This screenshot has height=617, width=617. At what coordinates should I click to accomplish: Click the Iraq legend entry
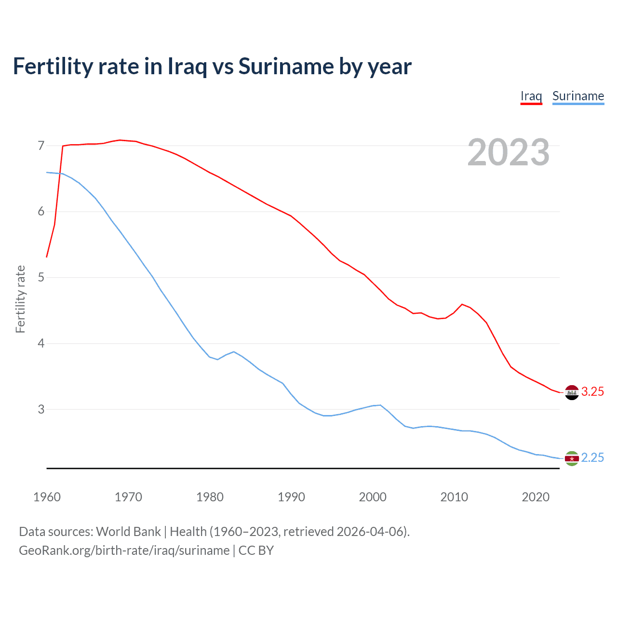531,96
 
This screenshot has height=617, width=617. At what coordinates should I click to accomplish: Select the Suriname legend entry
578,96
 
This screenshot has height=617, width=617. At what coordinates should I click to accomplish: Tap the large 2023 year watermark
509,152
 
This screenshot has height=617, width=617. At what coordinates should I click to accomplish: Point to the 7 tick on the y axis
41,146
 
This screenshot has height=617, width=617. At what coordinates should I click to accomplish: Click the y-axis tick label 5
41,278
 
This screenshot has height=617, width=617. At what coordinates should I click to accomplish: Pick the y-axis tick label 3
41,409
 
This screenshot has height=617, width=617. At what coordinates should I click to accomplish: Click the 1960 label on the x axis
47,497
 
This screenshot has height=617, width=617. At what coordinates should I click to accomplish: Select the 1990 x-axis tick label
291,497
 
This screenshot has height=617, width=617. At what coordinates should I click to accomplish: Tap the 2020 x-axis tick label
536,497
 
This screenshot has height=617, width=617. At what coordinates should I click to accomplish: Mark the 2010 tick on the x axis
454,497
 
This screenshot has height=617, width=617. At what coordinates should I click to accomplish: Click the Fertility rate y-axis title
20,299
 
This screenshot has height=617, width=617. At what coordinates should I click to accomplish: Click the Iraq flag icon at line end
572,392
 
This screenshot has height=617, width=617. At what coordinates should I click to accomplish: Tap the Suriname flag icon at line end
572,458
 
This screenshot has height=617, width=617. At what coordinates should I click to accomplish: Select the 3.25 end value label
592,392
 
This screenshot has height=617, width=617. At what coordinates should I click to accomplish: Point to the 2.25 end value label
592,458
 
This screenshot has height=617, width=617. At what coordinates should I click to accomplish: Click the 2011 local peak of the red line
462,304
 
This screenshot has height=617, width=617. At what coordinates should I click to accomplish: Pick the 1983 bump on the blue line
234,352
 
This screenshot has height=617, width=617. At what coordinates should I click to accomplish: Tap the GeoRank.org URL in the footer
124,550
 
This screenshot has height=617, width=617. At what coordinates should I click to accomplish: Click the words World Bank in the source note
128,532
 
